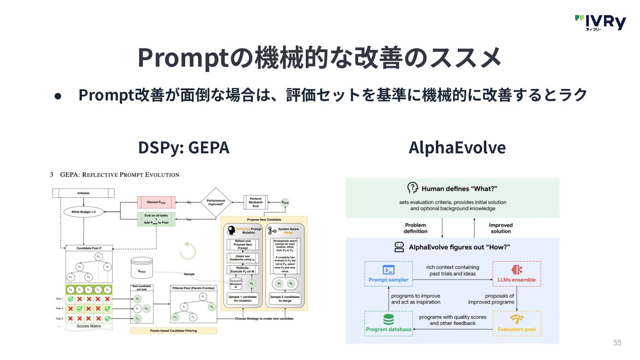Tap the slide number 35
(x=617, y=343)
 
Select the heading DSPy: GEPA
(x=184, y=148)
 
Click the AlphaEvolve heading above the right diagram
(x=457, y=148)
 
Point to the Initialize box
(x=84, y=193)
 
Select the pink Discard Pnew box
(x=156, y=203)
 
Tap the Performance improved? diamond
(x=216, y=203)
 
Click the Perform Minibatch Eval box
(x=256, y=203)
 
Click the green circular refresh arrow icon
(x=188, y=251)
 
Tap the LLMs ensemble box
(x=517, y=274)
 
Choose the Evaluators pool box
(x=517, y=323)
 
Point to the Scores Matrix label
(x=89, y=326)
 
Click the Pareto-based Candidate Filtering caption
(x=173, y=331)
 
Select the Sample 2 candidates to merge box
(x=285, y=299)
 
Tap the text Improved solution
(x=501, y=228)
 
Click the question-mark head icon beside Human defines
(x=413, y=188)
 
